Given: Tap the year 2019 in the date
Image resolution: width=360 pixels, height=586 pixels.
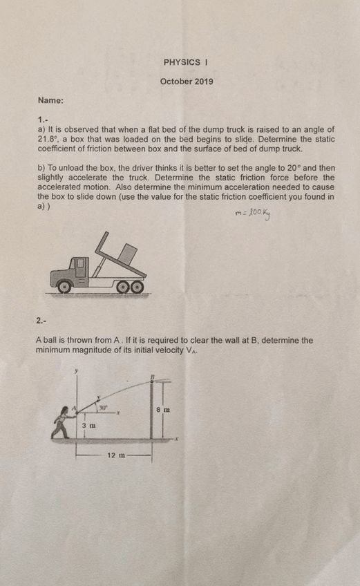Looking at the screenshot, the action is pyautogui.click(x=203, y=82).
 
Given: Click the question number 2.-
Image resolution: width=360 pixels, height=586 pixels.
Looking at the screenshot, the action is pyautogui.click(x=42, y=319).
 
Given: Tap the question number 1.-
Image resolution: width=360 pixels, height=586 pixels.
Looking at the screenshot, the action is pyautogui.click(x=43, y=119).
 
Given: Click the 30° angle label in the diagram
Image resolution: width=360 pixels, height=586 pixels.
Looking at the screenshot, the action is pyautogui.click(x=104, y=408).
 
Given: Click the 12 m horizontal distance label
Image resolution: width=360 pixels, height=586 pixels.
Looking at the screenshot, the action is pyautogui.click(x=116, y=455).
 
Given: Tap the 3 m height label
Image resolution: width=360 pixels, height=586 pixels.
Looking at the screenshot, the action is pyautogui.click(x=88, y=427).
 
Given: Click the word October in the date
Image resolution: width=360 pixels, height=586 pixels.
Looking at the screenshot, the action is pyautogui.click(x=173, y=82).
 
